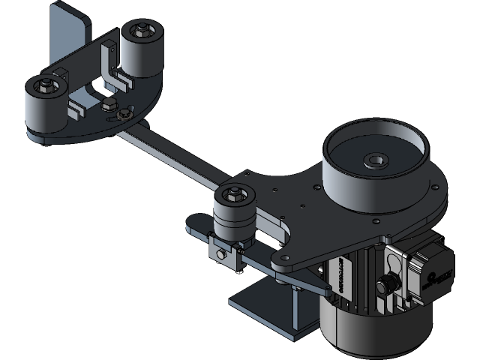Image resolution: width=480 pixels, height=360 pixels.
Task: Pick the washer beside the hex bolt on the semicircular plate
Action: pos(124,114)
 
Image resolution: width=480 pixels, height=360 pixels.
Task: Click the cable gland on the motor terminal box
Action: pos(388,285)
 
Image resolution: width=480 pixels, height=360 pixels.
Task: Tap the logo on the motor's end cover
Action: pos(437,274)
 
